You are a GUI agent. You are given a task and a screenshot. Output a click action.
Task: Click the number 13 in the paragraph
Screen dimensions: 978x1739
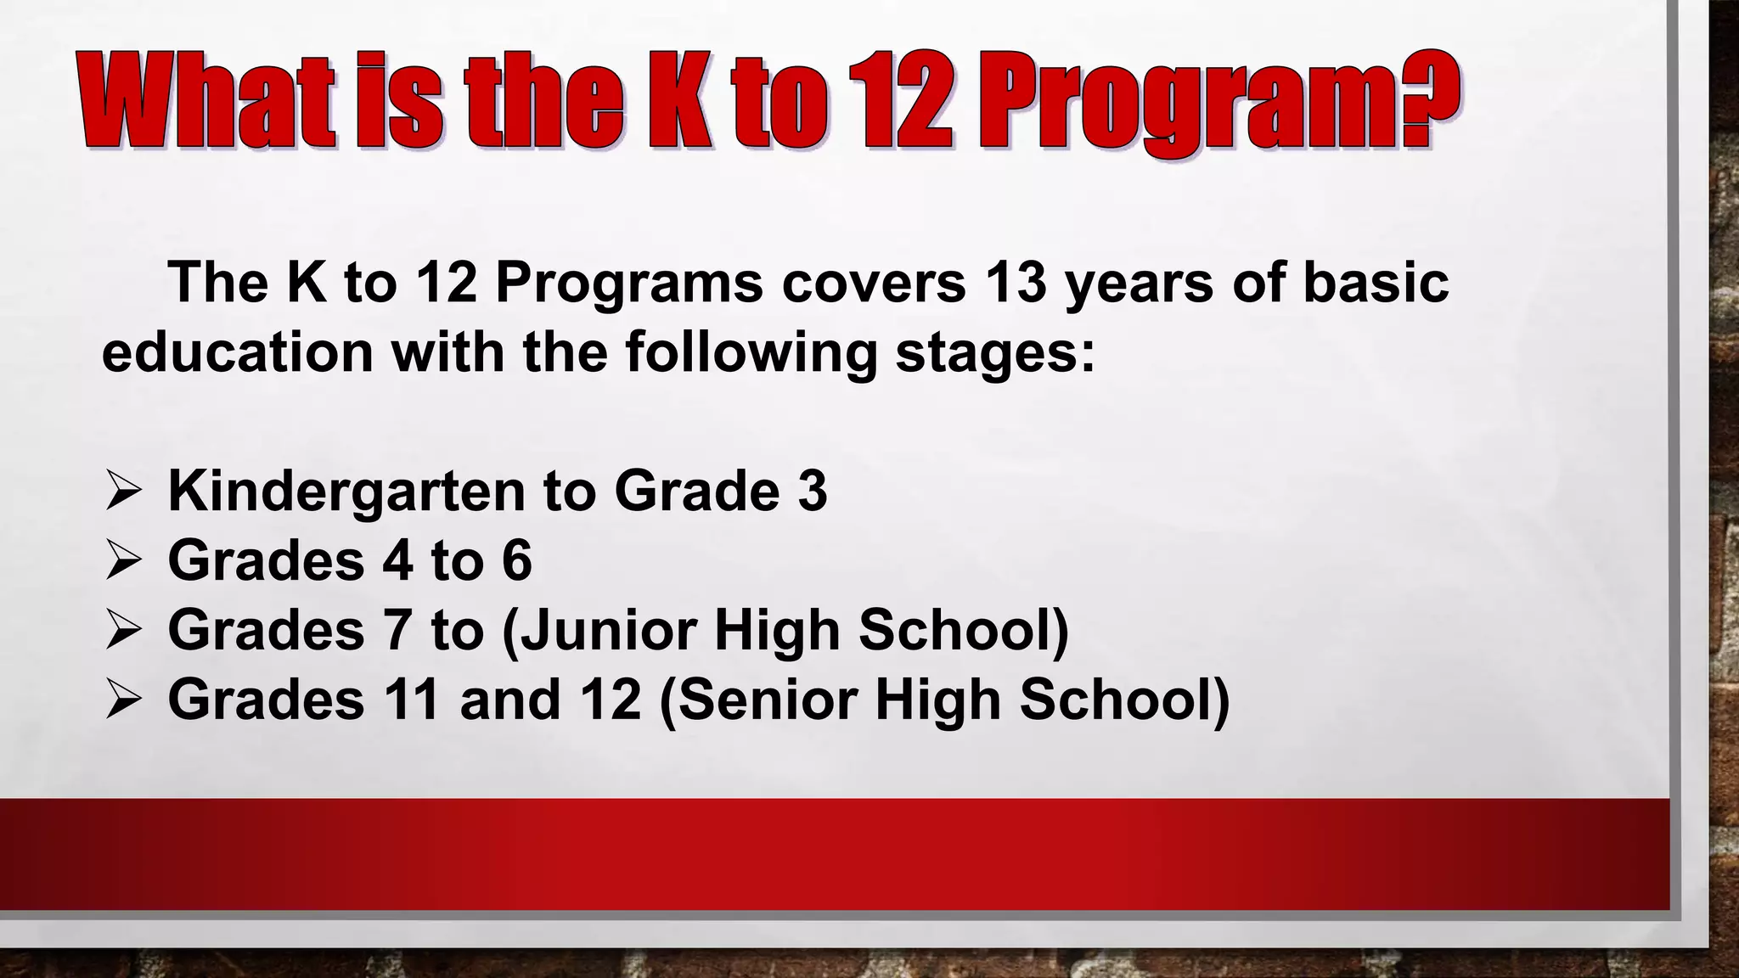tap(1016, 282)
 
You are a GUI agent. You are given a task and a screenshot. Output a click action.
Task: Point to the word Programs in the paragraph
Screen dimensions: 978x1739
tap(629, 284)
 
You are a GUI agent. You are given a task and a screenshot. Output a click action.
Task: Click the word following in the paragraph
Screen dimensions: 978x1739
tap(751, 353)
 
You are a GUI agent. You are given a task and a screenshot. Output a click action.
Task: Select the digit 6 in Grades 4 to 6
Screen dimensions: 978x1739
tap(516, 560)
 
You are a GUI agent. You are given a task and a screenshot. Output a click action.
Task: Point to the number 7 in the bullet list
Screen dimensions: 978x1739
tap(397, 630)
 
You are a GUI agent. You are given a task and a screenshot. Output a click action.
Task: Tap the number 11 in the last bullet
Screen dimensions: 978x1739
tap(412, 700)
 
